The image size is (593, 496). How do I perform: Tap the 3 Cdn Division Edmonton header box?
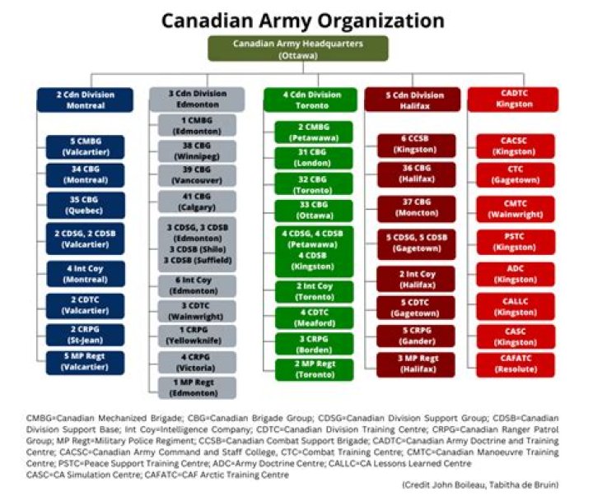[x=197, y=100]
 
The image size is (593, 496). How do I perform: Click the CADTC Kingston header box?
[x=513, y=100]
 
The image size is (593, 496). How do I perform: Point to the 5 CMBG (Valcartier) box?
[x=86, y=147]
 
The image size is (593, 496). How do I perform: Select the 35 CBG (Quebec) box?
[x=86, y=203]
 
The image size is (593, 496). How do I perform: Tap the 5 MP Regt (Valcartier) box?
[x=86, y=362]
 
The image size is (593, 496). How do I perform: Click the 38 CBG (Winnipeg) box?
[x=197, y=151]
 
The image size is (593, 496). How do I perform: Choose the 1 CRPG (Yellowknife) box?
[x=197, y=335]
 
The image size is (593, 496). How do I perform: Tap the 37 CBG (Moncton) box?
[x=415, y=208]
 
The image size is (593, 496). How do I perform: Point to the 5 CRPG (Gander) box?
[x=415, y=336]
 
